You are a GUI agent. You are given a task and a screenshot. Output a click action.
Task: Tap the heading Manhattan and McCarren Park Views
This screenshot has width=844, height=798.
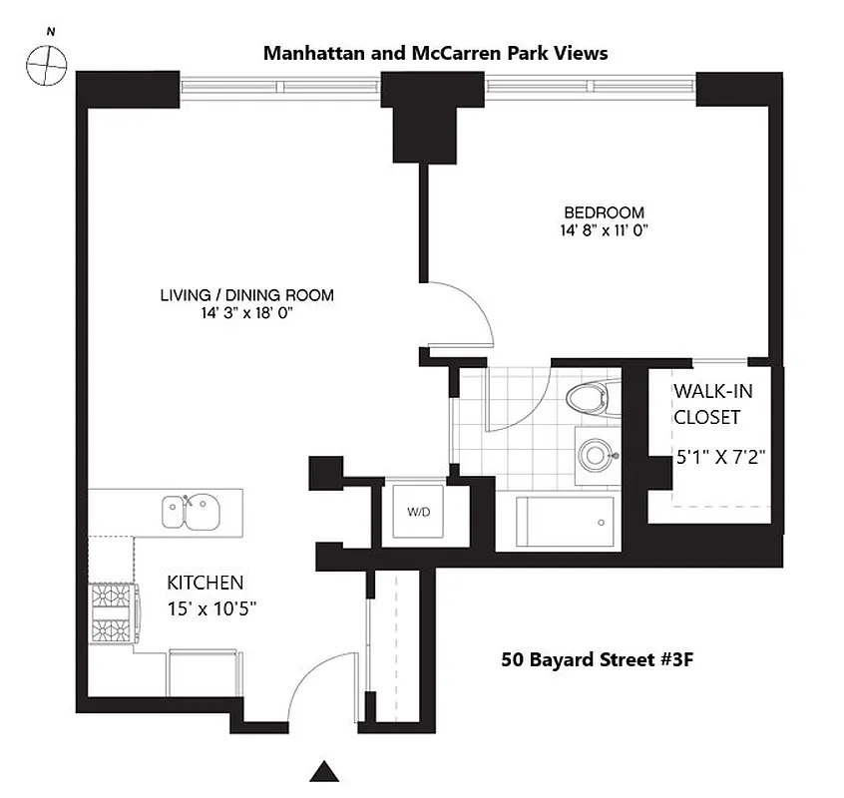tap(435, 53)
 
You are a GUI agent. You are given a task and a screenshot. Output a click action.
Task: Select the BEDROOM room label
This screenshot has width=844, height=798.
tap(604, 212)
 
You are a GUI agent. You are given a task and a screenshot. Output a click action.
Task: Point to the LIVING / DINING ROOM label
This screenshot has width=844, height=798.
tap(246, 295)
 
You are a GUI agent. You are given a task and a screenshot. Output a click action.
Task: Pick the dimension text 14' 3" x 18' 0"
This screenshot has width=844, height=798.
tap(246, 312)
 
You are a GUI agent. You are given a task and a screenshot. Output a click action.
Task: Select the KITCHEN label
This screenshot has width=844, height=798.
tap(205, 583)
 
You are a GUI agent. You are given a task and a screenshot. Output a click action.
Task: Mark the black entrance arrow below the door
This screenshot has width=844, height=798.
tap(323, 771)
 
